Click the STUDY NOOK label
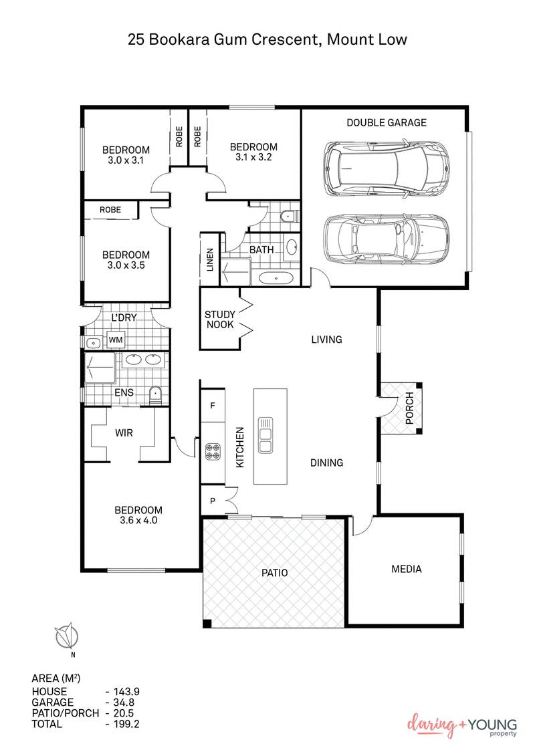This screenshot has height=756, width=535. pos(219,319)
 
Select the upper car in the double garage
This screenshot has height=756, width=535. pos(385,167)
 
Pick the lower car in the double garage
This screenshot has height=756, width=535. pos(385,240)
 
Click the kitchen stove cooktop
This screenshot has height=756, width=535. pos(213,452)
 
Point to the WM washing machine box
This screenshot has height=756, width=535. pos(116,340)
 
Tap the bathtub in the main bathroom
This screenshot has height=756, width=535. pos(274,278)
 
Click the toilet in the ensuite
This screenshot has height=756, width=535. pos(154,394)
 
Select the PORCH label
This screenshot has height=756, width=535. pos(409,408)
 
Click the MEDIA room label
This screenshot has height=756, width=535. pos(406,569)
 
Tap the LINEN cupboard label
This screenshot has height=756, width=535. pos(209,259)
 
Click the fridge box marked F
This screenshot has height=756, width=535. pos(213,406)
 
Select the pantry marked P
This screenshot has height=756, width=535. pos(213,501)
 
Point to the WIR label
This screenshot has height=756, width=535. pos(124,433)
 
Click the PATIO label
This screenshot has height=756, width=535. pos(274,572)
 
